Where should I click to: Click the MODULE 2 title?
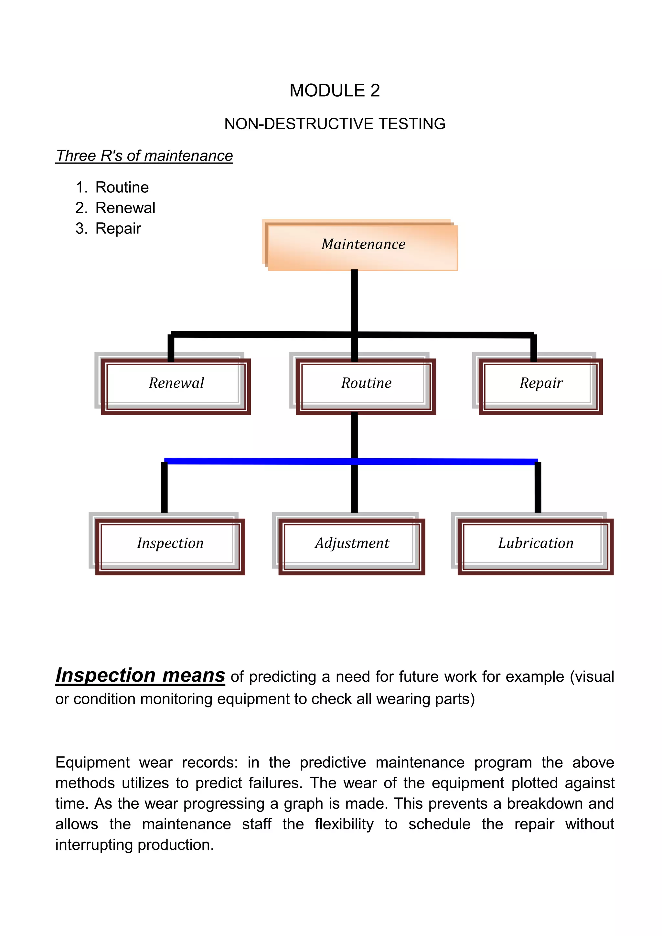pos(334,90)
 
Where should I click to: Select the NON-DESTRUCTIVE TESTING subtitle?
pos(335,124)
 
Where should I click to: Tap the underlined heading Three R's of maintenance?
pos(144,156)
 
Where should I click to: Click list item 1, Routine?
pos(122,187)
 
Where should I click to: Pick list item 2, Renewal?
pos(125,208)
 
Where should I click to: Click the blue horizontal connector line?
pos(261,461)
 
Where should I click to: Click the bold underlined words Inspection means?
pos(140,675)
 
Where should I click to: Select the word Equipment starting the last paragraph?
pos(92,763)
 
